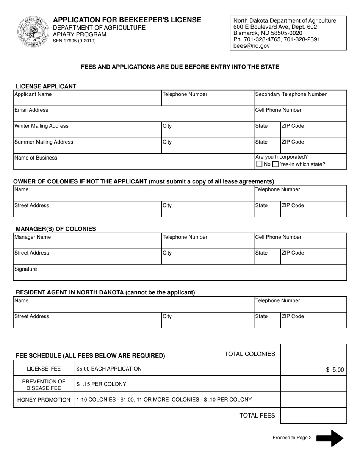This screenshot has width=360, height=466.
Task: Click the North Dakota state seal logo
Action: tap(32, 31)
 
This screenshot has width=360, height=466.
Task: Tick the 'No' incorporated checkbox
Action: tap(259, 164)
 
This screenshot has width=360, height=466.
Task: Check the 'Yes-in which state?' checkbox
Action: tap(276, 164)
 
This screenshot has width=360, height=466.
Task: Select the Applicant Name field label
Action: tap(33, 94)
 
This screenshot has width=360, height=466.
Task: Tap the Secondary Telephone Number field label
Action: tap(291, 94)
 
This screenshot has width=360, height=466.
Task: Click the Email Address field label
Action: tap(31, 110)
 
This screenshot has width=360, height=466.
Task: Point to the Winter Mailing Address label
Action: tap(41, 126)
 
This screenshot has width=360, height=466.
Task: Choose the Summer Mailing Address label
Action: tap(44, 142)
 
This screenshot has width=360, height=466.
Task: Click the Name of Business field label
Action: tap(36, 158)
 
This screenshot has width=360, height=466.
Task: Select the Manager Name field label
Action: tap(33, 237)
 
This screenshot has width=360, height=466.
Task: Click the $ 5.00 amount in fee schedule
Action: tap(335, 370)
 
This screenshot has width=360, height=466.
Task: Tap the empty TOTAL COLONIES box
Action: tap(313, 352)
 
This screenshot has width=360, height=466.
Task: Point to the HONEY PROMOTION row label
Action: tap(44, 400)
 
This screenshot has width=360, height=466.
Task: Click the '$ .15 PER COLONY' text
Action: tap(101, 384)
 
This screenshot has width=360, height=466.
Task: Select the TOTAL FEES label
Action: tap(257, 416)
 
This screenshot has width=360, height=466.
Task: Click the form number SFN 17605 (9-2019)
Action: tap(74, 41)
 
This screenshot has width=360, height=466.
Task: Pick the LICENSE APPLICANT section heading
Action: tap(46, 86)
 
